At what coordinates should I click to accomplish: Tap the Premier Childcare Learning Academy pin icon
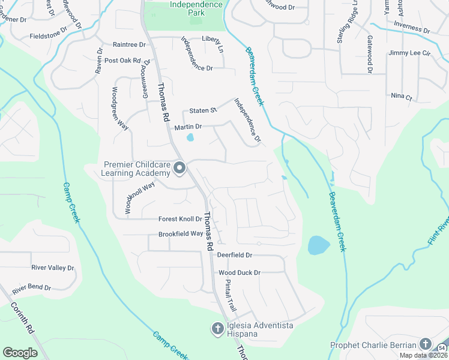pos(179,170)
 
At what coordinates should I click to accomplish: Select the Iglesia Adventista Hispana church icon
pos(217,328)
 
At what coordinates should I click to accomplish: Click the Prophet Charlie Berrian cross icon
pos(426,344)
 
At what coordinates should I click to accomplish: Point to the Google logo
pos(20,353)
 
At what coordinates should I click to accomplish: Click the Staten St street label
pos(202,111)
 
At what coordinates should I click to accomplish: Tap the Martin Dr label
pos(188,127)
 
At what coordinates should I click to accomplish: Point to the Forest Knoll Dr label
pos(180,220)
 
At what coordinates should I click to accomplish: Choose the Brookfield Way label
pos(181,233)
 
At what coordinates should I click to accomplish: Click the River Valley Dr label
pos(52,268)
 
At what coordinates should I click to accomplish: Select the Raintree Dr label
pos(129,44)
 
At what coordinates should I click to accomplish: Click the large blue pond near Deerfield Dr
pos(318,245)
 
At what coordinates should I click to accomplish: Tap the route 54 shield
pos(442,348)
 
